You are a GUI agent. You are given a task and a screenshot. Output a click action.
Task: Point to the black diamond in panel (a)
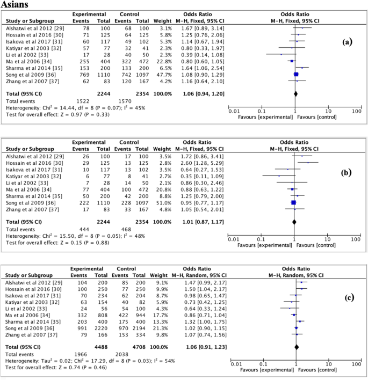click(x=295, y=93)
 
